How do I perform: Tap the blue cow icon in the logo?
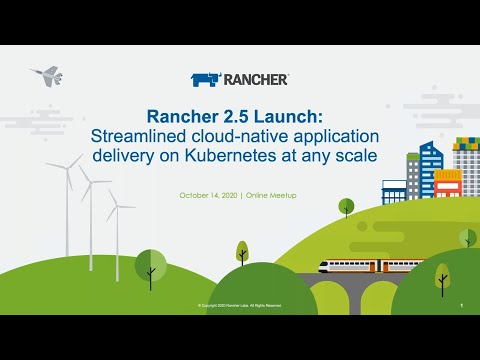pos(204,79)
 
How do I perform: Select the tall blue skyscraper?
pos(429,170)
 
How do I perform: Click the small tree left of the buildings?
pos(346,207)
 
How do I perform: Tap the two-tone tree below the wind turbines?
pos(150,265)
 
